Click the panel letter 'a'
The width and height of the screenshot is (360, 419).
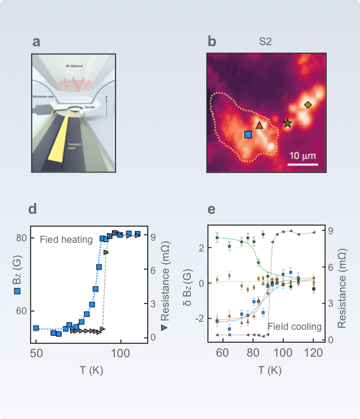tap(36, 42)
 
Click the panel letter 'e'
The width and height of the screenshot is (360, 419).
tap(212, 209)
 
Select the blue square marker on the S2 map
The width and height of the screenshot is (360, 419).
tap(248, 134)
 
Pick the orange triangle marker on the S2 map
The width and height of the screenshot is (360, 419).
tap(260, 125)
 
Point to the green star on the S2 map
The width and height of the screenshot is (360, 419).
tap(287, 123)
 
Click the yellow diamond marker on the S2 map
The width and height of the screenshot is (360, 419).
tap(308, 105)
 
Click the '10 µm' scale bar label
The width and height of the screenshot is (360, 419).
tap(302, 156)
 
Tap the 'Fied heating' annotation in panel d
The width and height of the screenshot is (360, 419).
tap(66, 240)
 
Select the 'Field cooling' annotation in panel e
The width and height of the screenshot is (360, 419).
tap(294, 327)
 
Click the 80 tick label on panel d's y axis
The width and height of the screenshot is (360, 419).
tap(21, 238)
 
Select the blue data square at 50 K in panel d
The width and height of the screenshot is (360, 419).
tap(36, 328)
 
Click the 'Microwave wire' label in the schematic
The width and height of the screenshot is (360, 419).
tap(42, 97)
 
